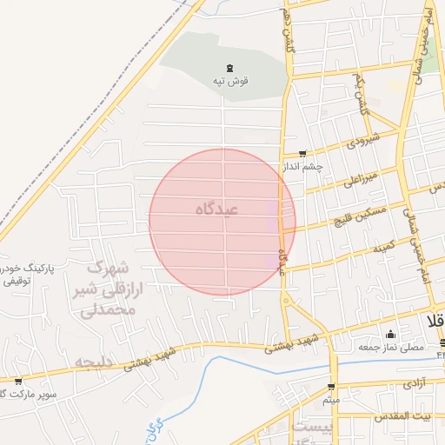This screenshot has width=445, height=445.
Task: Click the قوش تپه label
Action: point(231,81)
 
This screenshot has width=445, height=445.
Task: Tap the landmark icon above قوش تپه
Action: point(229,68)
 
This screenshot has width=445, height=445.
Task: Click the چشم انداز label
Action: point(302,166)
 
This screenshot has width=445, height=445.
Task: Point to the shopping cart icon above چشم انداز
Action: point(302,153)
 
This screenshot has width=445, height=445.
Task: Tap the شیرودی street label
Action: point(362,140)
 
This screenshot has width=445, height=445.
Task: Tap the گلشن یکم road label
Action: point(363,94)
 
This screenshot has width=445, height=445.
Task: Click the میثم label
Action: point(331,401)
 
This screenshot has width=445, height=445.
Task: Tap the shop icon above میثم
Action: point(331,388)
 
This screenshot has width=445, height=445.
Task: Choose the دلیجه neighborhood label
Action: point(96,360)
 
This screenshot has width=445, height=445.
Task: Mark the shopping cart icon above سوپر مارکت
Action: point(18,381)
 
